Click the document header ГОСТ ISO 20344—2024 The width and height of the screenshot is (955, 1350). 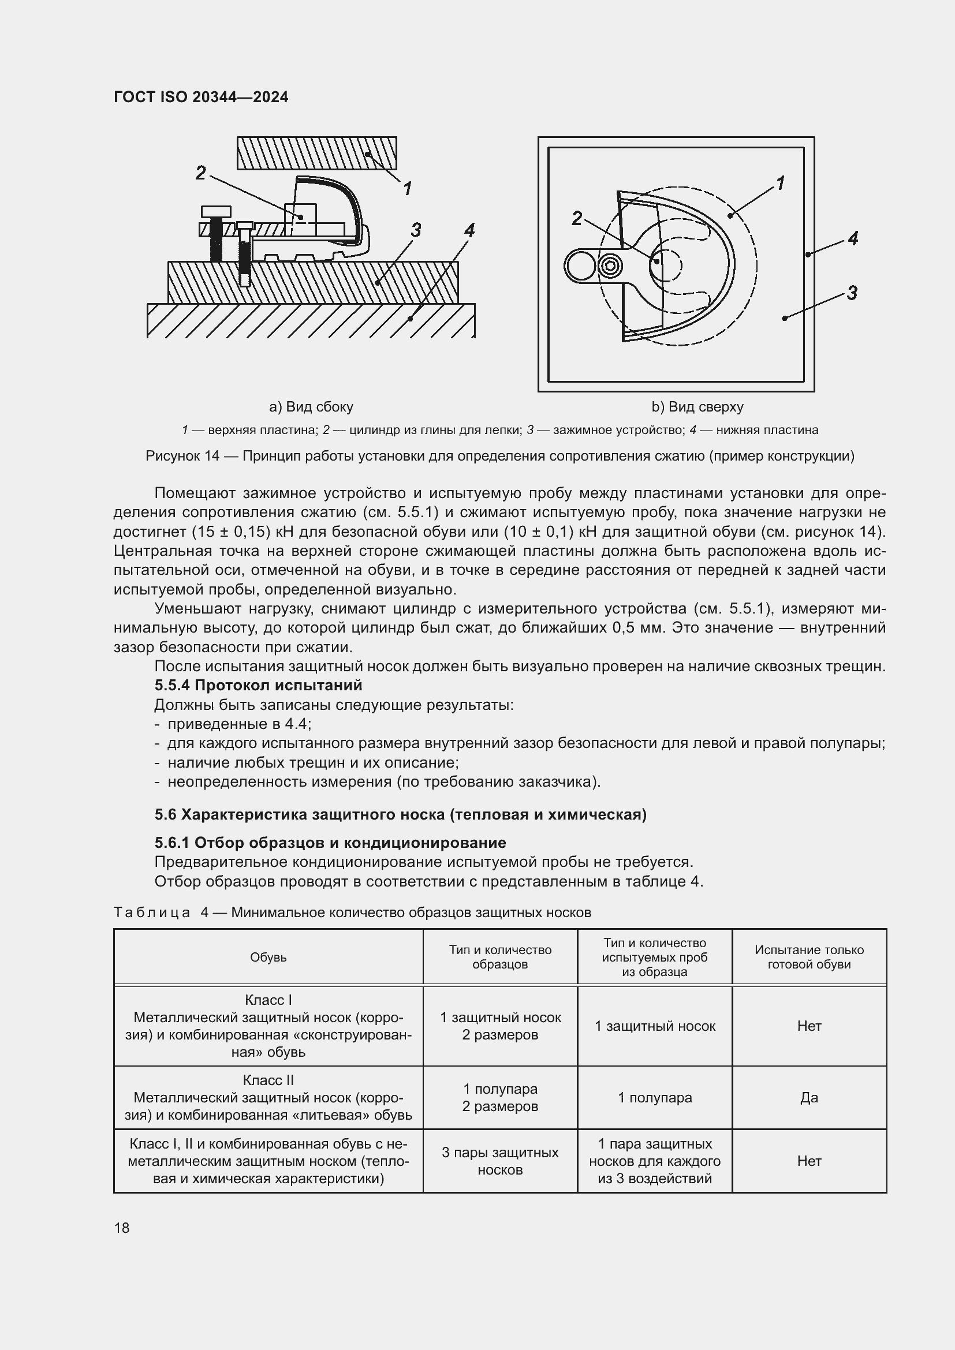coord(200,97)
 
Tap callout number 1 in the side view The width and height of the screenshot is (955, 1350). coord(407,188)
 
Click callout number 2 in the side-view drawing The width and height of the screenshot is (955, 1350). coord(201,173)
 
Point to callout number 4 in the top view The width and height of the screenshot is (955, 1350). coord(853,238)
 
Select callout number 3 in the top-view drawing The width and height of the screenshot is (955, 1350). coord(852,292)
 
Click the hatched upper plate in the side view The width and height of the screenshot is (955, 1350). coord(316,153)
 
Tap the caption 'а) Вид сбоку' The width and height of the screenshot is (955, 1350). coord(311,407)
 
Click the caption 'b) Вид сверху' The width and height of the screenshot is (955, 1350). coord(697,407)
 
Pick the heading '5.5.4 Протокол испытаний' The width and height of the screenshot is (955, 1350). coord(258,685)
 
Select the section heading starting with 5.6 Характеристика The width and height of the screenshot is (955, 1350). coord(400,814)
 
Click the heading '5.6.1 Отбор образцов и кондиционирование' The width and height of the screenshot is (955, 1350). coord(330,843)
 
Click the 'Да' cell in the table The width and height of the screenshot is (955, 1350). coord(808,1097)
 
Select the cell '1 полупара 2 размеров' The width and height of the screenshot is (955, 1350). coord(500,1097)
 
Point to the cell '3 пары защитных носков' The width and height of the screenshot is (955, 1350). coord(500,1161)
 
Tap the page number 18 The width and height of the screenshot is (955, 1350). coord(122,1228)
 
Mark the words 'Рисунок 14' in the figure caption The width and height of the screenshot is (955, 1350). coord(182,456)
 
